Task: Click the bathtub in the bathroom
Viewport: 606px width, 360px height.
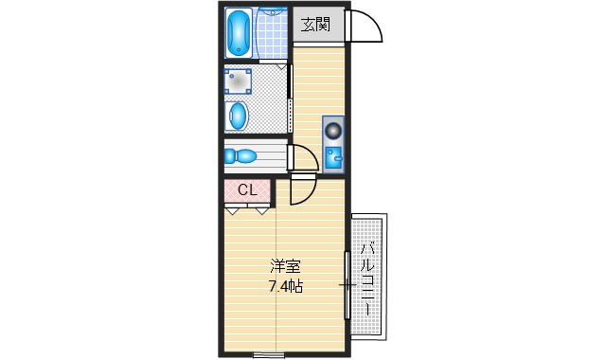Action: (x=241, y=35)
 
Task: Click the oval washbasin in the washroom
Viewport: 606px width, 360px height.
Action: (x=238, y=117)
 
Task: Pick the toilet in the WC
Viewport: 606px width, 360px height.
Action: (x=241, y=155)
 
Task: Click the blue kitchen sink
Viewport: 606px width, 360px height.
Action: (x=333, y=157)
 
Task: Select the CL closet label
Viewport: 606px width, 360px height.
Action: (x=247, y=190)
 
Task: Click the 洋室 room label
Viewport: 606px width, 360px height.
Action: (x=284, y=266)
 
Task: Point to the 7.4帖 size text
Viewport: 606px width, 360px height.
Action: (x=284, y=285)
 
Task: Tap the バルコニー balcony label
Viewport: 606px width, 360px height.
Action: (x=369, y=279)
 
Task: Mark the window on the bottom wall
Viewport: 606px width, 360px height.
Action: (x=269, y=354)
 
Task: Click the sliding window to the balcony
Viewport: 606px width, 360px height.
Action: (x=347, y=284)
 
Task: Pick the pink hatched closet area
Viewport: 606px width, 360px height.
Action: (x=247, y=190)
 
